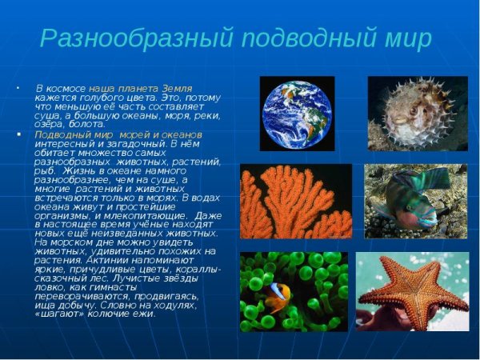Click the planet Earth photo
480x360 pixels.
(297, 114)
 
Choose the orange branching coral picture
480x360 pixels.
(295, 201)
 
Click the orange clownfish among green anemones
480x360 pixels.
(278, 297)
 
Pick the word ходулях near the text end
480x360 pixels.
(196, 305)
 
